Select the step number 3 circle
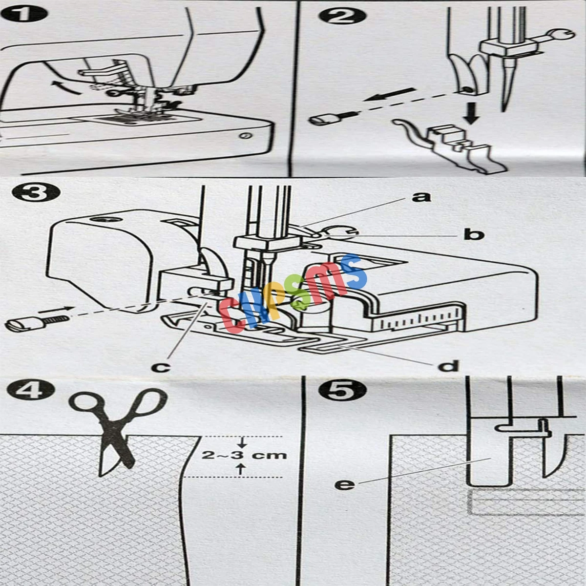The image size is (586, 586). point(35,194)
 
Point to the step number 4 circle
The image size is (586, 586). point(30,391)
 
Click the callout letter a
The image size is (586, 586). point(421,197)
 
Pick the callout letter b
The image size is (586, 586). point(474,234)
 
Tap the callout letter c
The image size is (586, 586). point(161,367)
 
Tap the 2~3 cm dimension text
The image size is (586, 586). point(244,456)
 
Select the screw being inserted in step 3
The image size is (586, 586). point(37,322)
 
